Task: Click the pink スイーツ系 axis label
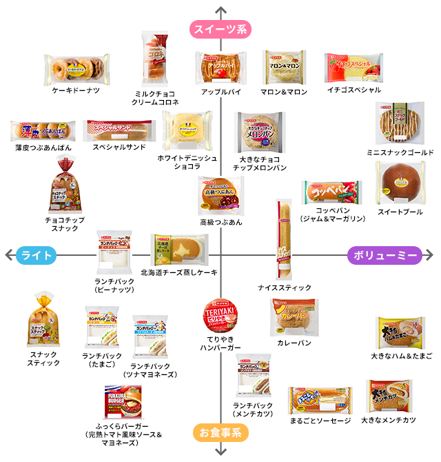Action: (x=220, y=30)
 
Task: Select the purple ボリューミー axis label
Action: (x=384, y=255)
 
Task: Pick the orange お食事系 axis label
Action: (x=220, y=433)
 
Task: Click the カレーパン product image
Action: (x=294, y=317)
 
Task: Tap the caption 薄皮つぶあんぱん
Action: (x=42, y=147)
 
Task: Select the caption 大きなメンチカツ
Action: (x=389, y=419)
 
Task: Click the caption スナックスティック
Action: (x=43, y=358)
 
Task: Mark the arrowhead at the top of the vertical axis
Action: (x=220, y=10)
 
